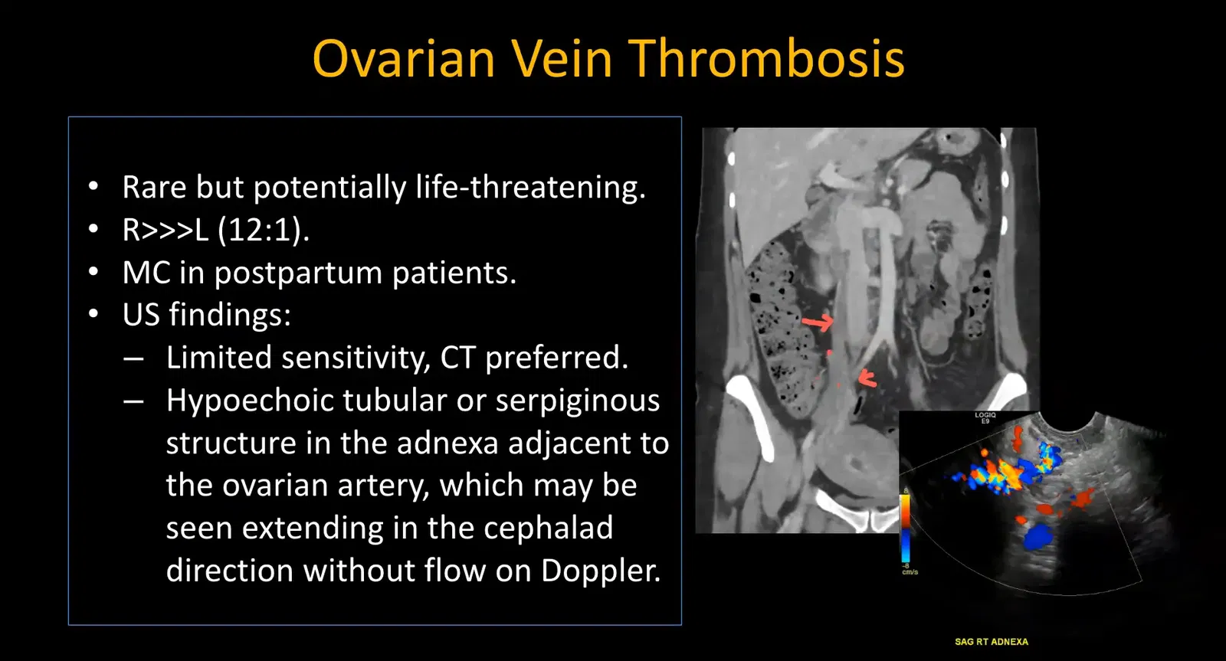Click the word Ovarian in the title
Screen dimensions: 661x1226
pos(404,59)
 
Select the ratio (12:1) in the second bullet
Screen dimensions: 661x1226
pos(264,230)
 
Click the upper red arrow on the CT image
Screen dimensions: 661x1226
pos(818,322)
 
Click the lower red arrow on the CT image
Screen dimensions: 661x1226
pos(867,378)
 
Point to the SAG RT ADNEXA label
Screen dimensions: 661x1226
pos(991,642)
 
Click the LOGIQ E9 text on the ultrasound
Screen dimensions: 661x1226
pos(985,417)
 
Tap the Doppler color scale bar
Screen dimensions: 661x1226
pos(906,528)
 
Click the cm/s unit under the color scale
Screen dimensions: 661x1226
pos(910,572)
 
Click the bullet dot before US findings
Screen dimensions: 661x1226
pos(93,315)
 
